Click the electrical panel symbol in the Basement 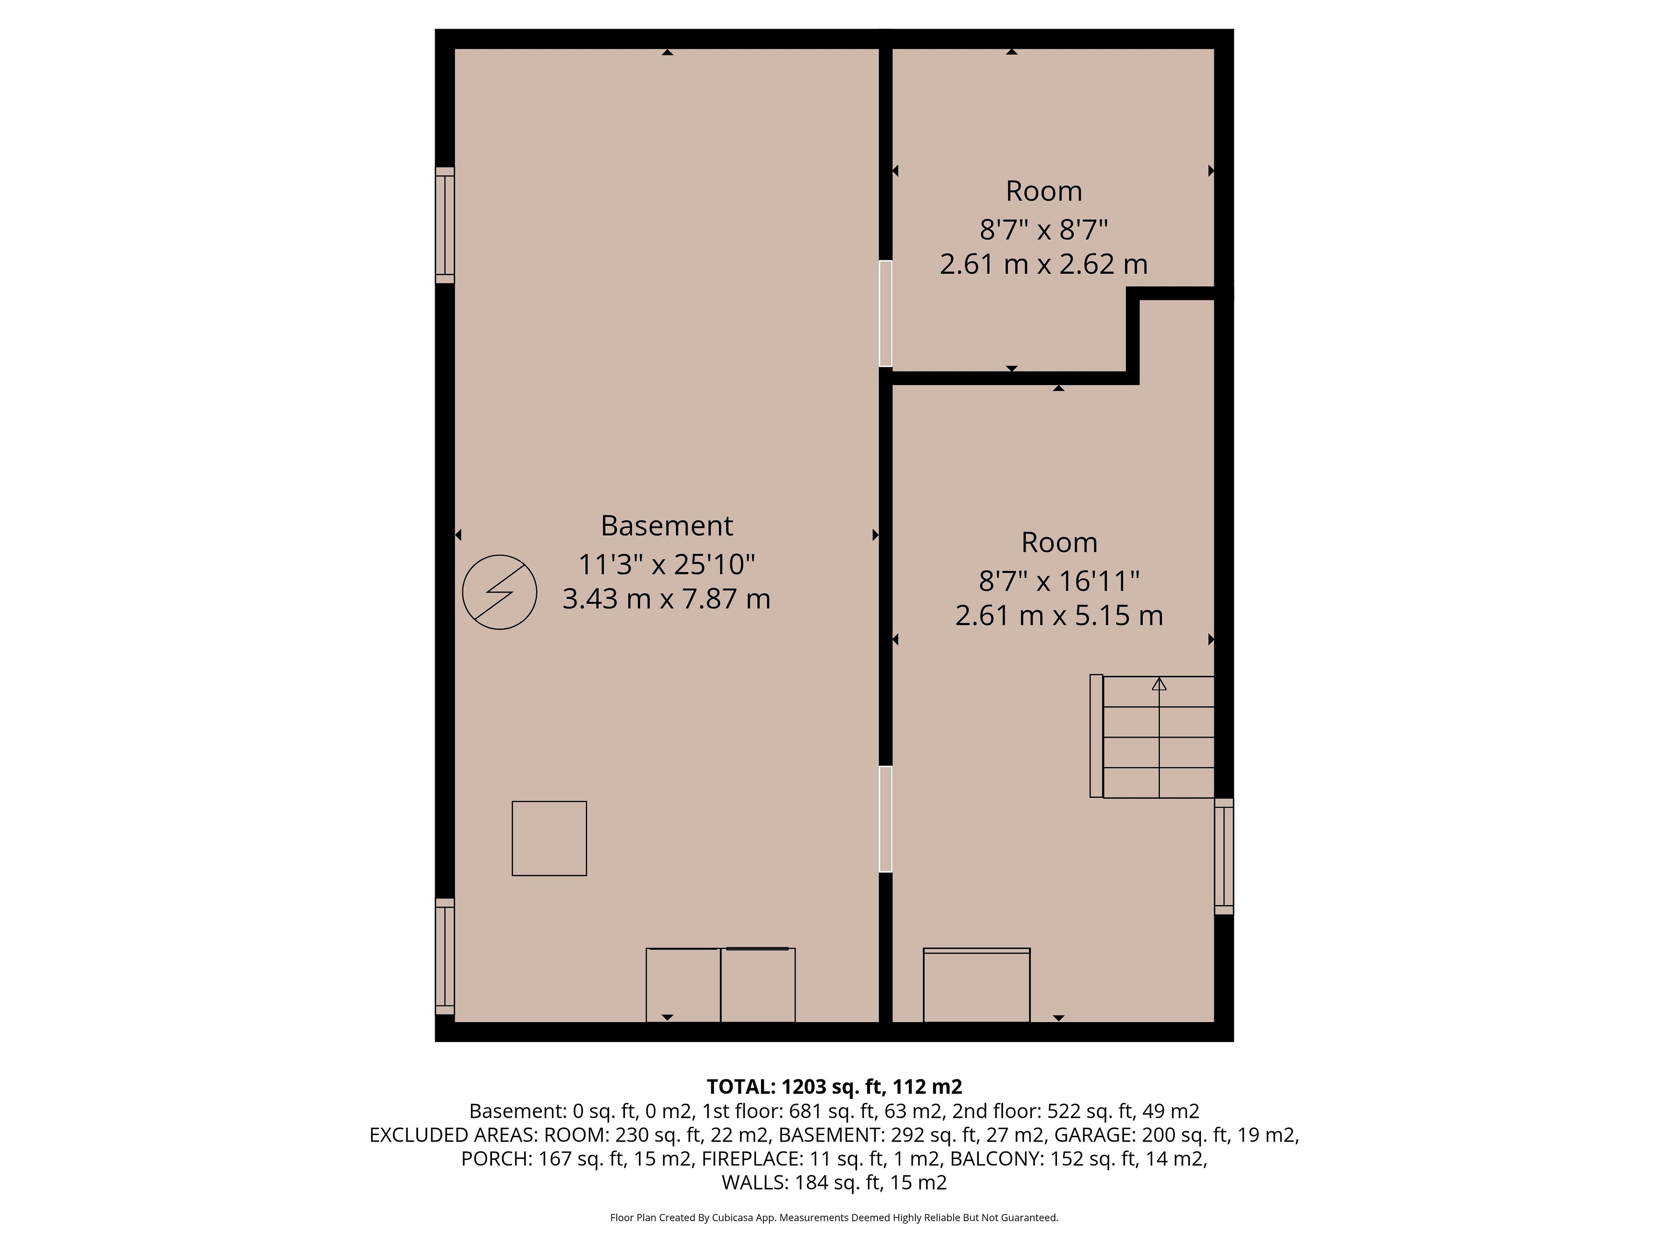coord(499,593)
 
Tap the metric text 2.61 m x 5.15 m coord(1059,615)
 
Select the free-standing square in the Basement coord(549,839)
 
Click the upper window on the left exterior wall coord(445,225)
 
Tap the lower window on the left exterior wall coord(445,956)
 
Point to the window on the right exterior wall coord(1224,856)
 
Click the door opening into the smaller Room coord(886,314)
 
